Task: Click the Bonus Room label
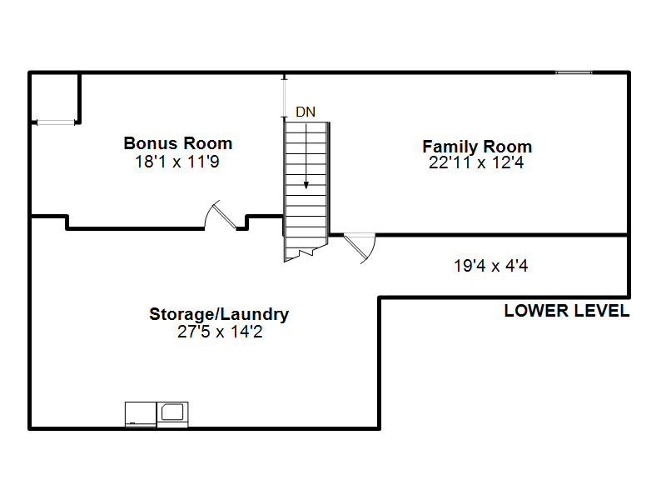[x=178, y=143]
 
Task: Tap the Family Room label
[x=477, y=147]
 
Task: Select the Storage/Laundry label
[x=219, y=314]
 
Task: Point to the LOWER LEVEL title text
[x=567, y=311]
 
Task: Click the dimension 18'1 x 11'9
[x=177, y=162]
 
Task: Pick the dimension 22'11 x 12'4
[x=476, y=162]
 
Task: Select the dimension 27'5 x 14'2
[x=220, y=332]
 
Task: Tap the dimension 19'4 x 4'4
[x=490, y=266]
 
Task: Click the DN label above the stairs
[x=306, y=112]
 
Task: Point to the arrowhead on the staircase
[x=306, y=185]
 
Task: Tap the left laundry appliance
[x=141, y=414]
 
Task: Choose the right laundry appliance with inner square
[x=172, y=414]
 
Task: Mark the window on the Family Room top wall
[x=574, y=72]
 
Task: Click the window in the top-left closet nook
[x=56, y=122]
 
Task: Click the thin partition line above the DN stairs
[x=285, y=97]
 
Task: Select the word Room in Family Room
[x=508, y=147]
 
